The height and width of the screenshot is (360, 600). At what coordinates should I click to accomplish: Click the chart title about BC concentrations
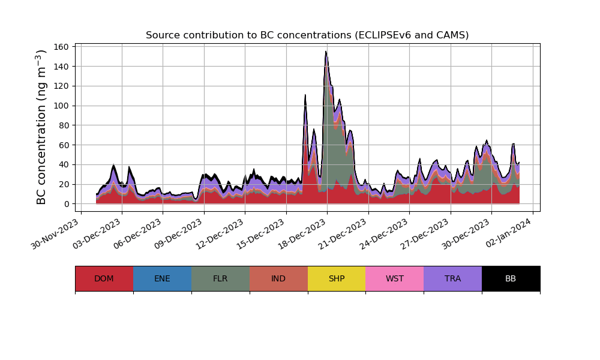[307, 35]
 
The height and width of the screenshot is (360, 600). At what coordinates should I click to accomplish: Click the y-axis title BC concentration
[41, 127]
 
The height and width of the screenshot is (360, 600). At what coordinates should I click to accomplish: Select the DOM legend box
[104, 278]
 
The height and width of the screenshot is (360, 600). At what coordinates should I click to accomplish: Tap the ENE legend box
[162, 278]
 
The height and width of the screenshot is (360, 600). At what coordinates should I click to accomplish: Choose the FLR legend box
[220, 278]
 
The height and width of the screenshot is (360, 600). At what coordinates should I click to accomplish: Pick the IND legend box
[278, 278]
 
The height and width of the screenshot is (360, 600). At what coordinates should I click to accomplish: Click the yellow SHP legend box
[337, 278]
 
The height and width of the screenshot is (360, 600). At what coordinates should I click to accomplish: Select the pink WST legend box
[394, 278]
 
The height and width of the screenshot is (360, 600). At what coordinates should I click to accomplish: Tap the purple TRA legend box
[452, 278]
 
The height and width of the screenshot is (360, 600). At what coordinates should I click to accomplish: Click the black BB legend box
[511, 278]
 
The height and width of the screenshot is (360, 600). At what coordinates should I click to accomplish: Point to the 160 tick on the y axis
[63, 47]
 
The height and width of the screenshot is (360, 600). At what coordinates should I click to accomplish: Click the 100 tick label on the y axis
[63, 106]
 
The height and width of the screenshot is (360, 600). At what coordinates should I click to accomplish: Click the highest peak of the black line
[326, 52]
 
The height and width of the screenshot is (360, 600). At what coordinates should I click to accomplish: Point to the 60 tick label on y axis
[65, 145]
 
